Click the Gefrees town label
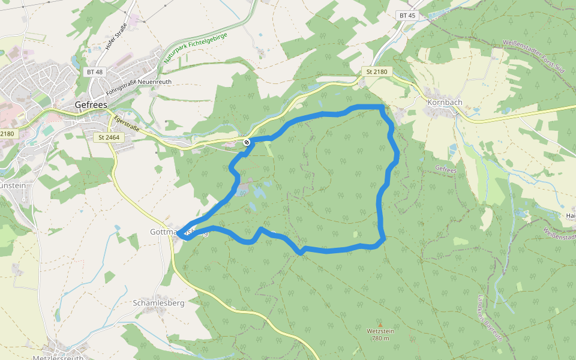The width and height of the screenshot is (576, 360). pyautogui.click(x=91, y=104)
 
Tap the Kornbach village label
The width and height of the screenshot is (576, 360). pyautogui.click(x=445, y=102)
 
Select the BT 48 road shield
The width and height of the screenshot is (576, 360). pyautogui.click(x=95, y=72)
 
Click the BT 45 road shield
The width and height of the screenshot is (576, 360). pyautogui.click(x=407, y=15)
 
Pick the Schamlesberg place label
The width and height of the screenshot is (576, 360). pyautogui.click(x=158, y=303)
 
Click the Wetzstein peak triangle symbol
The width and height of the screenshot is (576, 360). pyautogui.click(x=379, y=325)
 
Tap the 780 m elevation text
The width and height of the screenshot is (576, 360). pyautogui.click(x=380, y=338)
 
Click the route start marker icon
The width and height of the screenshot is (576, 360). pyautogui.click(x=247, y=142)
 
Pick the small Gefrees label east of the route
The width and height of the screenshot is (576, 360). pyautogui.click(x=447, y=170)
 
